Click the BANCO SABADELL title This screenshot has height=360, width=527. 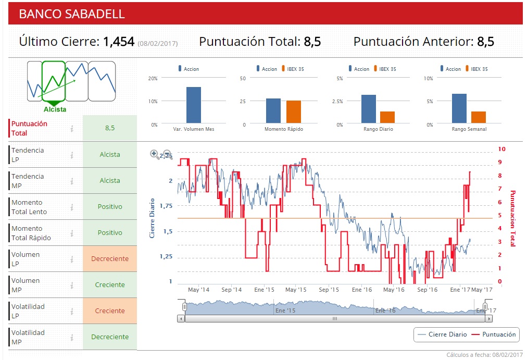pos(72,14)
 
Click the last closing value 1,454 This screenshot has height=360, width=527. pos(119,42)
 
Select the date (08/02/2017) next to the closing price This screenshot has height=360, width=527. pos(158,43)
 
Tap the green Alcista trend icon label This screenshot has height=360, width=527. pos(55,109)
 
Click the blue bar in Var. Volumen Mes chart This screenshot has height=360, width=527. pos(193,105)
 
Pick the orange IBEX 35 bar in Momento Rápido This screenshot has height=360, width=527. pos(294,112)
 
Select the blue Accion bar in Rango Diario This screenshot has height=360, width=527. pos(369,109)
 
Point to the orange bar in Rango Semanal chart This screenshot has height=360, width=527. pos(479,117)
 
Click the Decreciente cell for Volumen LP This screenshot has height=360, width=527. pos(109,259)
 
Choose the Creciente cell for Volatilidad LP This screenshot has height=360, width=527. pos(109,311)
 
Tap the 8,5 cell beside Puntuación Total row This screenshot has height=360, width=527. pos(109,128)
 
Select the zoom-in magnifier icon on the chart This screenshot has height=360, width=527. pos(155,154)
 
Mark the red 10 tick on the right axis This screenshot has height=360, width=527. pos(501,149)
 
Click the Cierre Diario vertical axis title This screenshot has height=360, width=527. pos(152,217)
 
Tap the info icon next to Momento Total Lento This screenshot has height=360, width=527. pos(72,207)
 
